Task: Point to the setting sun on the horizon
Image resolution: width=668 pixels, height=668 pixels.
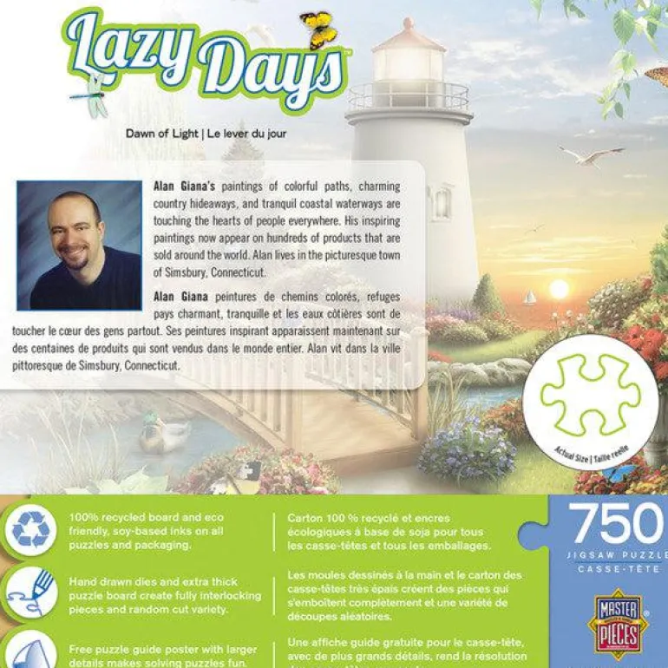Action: pos(560,288)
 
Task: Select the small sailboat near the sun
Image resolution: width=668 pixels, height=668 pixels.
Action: pos(528,298)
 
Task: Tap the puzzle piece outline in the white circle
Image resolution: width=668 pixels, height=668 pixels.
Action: pos(590,393)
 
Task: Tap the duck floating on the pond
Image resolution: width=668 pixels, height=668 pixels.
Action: pos(165,435)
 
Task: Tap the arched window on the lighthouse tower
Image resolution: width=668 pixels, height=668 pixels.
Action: pos(442,203)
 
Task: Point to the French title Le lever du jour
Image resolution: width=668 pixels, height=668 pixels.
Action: pos(246,134)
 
